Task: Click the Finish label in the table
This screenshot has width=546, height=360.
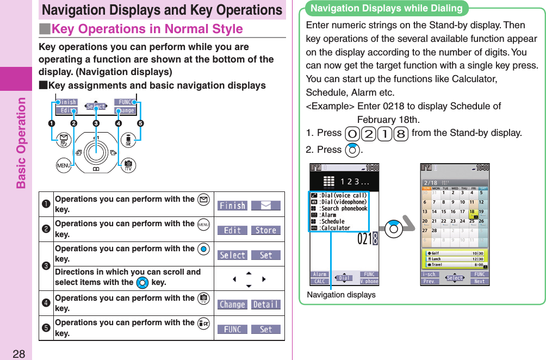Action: pyautogui.click(x=232, y=206)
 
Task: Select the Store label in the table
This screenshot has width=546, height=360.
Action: pyautogui.click(x=265, y=230)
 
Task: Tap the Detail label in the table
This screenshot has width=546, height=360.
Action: pyautogui.click(x=265, y=305)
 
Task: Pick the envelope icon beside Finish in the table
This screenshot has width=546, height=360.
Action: pyautogui.click(x=265, y=206)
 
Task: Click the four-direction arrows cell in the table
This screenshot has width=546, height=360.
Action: pyautogui.click(x=249, y=279)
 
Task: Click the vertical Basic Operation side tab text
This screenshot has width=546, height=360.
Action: pyautogui.click(x=21, y=142)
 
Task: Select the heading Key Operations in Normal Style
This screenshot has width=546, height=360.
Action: pyautogui.click(x=147, y=29)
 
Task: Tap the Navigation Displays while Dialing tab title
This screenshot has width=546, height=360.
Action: pyautogui.click(x=386, y=8)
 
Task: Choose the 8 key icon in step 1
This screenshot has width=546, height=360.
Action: pyautogui.click(x=401, y=133)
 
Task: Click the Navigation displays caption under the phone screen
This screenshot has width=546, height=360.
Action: pyautogui.click(x=341, y=295)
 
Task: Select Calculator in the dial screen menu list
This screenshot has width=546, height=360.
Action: pyautogui.click(x=335, y=228)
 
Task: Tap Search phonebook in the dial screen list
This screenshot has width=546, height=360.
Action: pyautogui.click(x=343, y=208)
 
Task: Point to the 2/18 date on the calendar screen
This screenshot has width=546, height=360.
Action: pyautogui.click(x=431, y=183)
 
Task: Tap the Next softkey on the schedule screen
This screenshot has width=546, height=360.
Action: pyautogui.click(x=479, y=281)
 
